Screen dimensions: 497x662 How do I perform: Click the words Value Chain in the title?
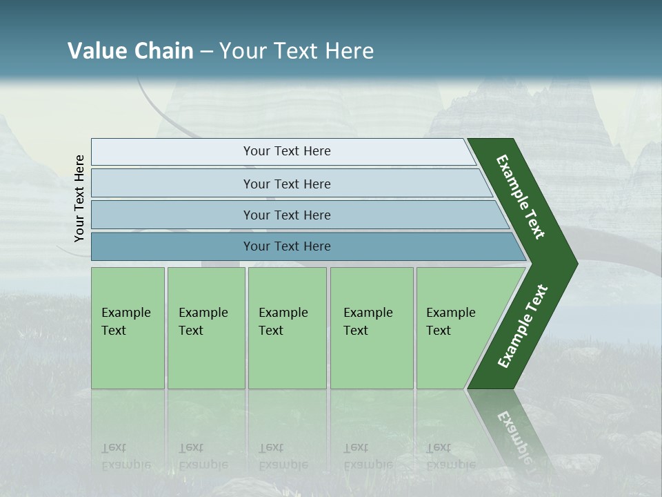(x=130, y=51)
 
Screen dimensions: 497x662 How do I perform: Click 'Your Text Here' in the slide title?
(x=297, y=51)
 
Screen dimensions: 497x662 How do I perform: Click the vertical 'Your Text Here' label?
(x=79, y=198)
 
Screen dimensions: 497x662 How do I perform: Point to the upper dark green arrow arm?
(x=521, y=197)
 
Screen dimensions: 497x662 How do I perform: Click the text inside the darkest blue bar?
(x=287, y=246)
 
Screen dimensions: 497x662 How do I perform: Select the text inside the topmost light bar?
(x=287, y=151)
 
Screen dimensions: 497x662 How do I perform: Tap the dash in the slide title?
(x=206, y=52)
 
